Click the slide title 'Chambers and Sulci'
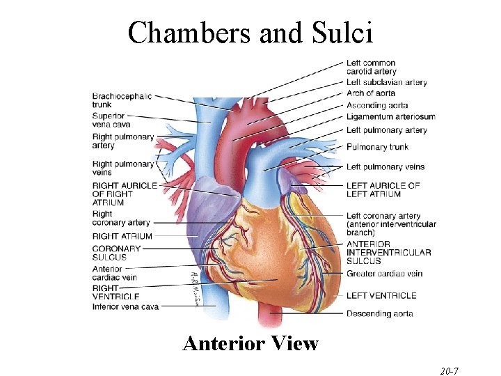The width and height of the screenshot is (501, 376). pyautogui.click(x=250, y=33)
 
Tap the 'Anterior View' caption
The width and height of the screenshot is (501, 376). pyautogui.click(x=250, y=343)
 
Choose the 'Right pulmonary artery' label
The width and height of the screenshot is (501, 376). pyautogui.click(x=122, y=141)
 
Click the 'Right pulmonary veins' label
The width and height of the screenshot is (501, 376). pyautogui.click(x=122, y=169)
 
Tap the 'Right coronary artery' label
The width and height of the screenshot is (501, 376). pyautogui.click(x=121, y=218)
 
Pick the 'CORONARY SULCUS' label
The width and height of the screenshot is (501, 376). pyautogui.click(x=116, y=253)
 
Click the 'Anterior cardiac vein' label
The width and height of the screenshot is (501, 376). pyautogui.click(x=115, y=273)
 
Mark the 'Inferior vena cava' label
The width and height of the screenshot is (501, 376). pyautogui.click(x=125, y=306)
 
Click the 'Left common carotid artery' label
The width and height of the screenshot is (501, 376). pyautogui.click(x=371, y=68)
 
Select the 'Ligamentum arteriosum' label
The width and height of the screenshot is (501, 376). pyautogui.click(x=390, y=116)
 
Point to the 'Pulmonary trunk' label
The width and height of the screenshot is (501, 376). pyautogui.click(x=377, y=147)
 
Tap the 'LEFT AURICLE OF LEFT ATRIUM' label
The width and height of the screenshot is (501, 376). pyautogui.click(x=383, y=190)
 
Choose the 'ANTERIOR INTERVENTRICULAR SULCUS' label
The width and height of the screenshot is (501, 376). pyautogui.click(x=388, y=252)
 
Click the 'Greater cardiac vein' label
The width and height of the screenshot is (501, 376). pyautogui.click(x=384, y=274)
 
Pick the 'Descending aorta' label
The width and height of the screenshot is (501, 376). pyautogui.click(x=379, y=313)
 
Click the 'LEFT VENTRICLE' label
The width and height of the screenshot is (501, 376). pyautogui.click(x=381, y=295)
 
